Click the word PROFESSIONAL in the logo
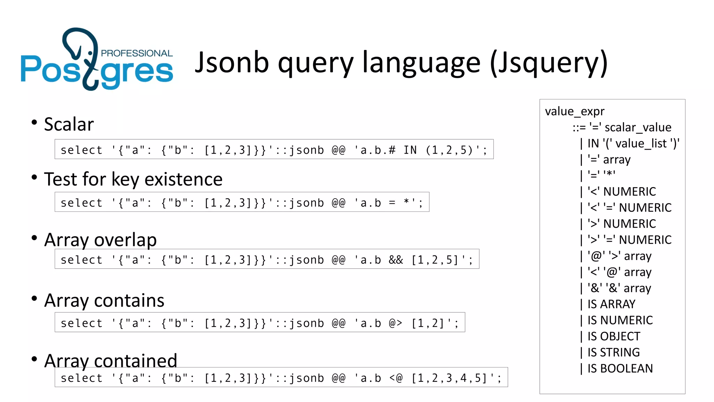click(x=137, y=53)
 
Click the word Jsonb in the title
click(x=232, y=63)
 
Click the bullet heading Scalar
click(x=69, y=124)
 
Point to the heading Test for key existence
click(x=133, y=179)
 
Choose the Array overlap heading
click(x=100, y=240)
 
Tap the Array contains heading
click(x=104, y=300)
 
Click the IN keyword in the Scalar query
click(x=410, y=150)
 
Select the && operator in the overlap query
click(x=396, y=260)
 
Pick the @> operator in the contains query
click(x=396, y=323)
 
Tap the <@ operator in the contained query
click(x=396, y=378)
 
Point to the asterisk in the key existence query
click(x=407, y=202)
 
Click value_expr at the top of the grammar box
click(x=575, y=111)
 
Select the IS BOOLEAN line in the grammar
click(x=620, y=368)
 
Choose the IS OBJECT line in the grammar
click(x=614, y=336)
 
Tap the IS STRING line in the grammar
click(x=614, y=352)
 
